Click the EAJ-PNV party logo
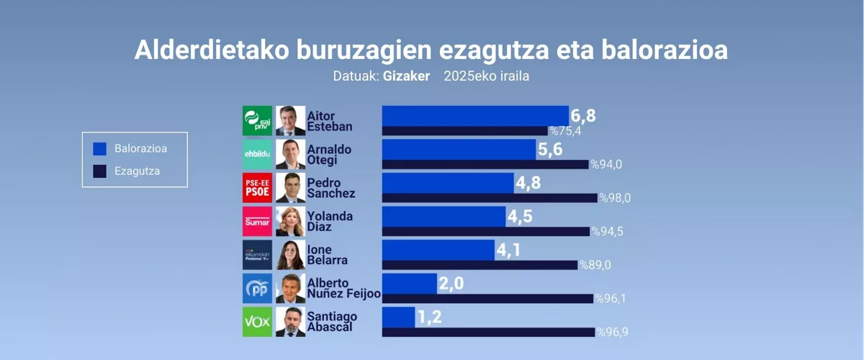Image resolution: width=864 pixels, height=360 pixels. (x=257, y=121)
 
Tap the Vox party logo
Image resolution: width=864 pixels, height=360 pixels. (x=257, y=322)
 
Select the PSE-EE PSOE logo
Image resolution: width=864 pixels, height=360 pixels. (x=257, y=188)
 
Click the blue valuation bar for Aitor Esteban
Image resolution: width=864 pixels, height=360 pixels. (x=475, y=116)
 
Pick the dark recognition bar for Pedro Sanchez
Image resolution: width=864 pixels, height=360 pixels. (x=490, y=198)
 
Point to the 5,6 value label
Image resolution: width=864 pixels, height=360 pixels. (x=550, y=149)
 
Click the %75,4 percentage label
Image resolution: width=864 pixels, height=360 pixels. (x=565, y=131)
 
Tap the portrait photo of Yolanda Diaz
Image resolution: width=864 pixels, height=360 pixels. (x=290, y=222)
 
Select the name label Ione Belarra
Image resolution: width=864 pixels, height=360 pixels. (x=327, y=255)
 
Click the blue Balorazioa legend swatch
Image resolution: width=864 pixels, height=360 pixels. (x=99, y=149)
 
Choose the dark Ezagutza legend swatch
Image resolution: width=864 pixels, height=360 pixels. (x=99, y=171)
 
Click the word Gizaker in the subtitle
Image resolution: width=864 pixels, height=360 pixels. (x=406, y=76)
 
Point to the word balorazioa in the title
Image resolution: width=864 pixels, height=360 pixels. (x=665, y=50)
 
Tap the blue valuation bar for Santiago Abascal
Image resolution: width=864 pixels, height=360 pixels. (x=398, y=318)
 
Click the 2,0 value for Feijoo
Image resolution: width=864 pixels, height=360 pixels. (x=451, y=284)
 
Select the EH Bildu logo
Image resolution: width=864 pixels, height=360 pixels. (x=257, y=154)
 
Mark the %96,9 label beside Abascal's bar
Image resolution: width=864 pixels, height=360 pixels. (x=613, y=332)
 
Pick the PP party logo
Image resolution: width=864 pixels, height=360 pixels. (x=257, y=288)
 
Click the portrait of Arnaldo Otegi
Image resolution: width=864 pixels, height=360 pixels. (x=290, y=154)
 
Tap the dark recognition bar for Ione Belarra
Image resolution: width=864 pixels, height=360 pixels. (x=480, y=265)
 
